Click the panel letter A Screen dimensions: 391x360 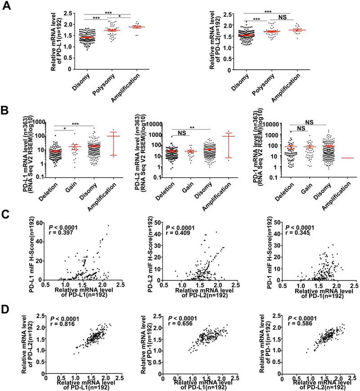coord(7,7)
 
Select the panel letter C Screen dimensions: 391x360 coord(7,214)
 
